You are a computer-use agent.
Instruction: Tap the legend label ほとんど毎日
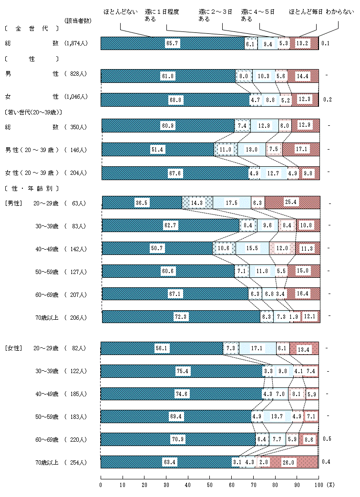[x=305, y=10]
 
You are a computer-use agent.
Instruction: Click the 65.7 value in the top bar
[x=172, y=43]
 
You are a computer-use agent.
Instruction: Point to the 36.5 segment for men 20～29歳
[x=142, y=203]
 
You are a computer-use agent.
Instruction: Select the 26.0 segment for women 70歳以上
[x=288, y=462]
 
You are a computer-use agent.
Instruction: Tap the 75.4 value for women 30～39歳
[x=182, y=371]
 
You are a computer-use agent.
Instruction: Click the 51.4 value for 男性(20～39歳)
[x=157, y=150]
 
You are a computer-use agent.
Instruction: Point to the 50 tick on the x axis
[x=210, y=485]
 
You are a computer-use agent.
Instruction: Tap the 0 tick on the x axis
[x=101, y=485]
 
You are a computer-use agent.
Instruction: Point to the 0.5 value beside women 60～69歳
[x=327, y=439]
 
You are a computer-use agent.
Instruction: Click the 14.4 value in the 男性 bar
[x=303, y=76]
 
